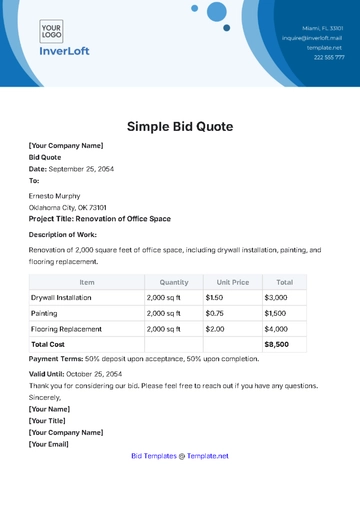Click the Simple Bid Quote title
(x=180, y=127)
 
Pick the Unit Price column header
(x=231, y=283)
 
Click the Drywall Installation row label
(x=61, y=298)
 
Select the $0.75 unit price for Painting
(x=215, y=313)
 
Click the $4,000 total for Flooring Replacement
(x=276, y=328)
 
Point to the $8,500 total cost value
(x=276, y=344)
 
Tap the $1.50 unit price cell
(x=215, y=298)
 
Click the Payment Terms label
(x=55, y=358)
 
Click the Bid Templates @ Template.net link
(x=180, y=456)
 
